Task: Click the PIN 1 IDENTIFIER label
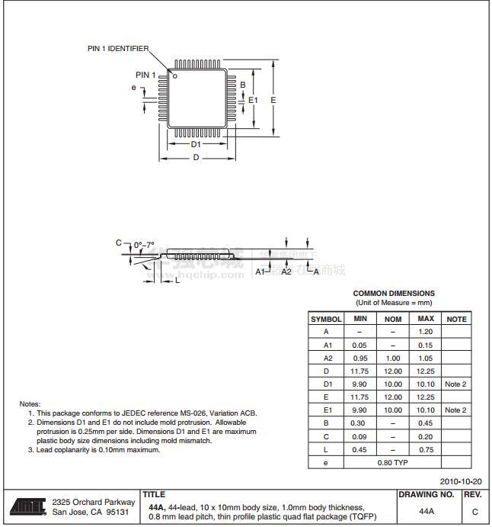coord(118,49)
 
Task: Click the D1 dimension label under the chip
coord(196,143)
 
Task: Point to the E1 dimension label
coord(253,100)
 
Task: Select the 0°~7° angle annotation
coord(144,245)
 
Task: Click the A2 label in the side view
coord(286,272)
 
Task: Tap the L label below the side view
coord(177,281)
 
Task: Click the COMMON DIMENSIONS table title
coord(394,293)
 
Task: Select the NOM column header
coord(392,319)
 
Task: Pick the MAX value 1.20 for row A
coord(426,332)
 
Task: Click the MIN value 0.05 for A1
coord(359,345)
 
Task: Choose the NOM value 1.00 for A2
coord(392,358)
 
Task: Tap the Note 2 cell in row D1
coord(455,384)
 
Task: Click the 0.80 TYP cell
coord(392,462)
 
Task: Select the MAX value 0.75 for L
coord(426,449)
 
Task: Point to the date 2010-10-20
coord(461,482)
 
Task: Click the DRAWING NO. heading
coord(427,494)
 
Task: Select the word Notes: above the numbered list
coord(30,403)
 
